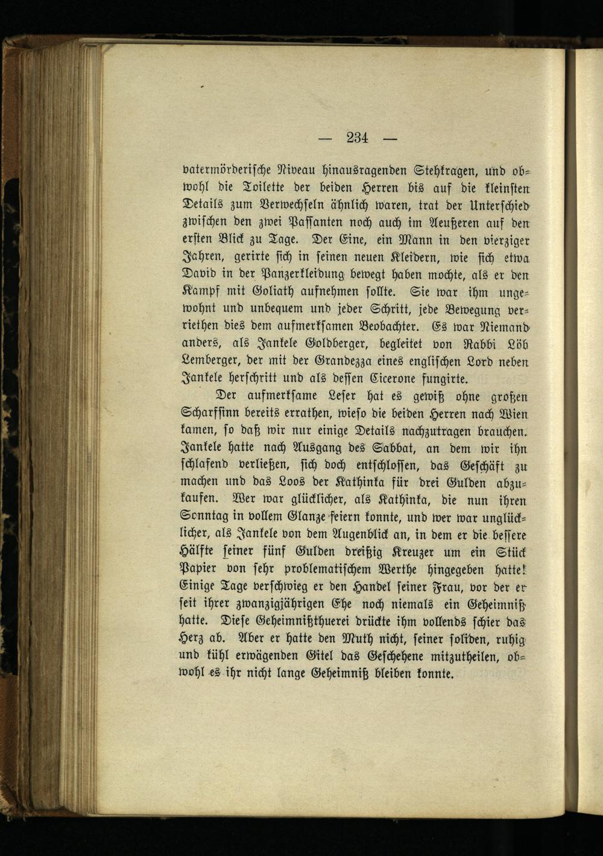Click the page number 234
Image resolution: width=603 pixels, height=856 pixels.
(x=357, y=138)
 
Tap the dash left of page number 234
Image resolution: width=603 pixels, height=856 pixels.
(x=326, y=139)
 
